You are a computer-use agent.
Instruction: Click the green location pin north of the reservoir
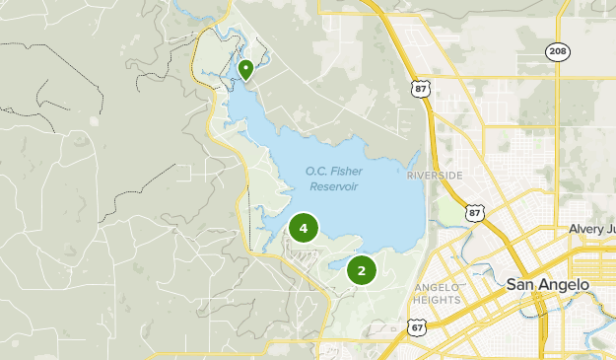pos(245,69)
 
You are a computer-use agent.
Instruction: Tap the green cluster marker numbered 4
pos(304,229)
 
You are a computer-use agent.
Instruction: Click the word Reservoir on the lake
pos(332,186)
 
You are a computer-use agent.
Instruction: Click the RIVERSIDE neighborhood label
pos(434,176)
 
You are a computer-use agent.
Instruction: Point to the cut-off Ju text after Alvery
pos(609,229)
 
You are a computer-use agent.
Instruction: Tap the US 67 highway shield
pos(418,326)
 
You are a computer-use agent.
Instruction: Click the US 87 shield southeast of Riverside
pos(476,213)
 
